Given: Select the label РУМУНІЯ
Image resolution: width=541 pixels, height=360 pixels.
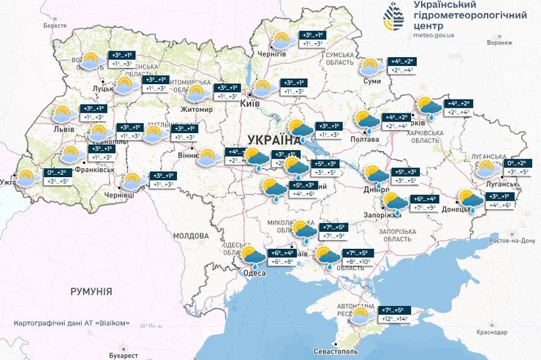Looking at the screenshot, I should pos(91,291).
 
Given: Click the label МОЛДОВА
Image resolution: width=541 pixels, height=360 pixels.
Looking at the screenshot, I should pos(191,236).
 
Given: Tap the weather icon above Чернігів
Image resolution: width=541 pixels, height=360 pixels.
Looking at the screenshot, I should pos(281,40).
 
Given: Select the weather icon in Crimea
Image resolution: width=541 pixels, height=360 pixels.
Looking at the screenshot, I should pos(360,316).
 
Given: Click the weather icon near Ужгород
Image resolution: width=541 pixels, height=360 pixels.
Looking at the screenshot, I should pos(28,177).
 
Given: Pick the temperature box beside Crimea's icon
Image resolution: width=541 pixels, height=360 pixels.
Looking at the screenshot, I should pos(395,315).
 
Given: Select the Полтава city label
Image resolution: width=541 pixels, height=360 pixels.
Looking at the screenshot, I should pos(365,138).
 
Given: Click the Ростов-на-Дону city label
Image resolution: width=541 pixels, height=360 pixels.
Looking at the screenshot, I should pos(513,241).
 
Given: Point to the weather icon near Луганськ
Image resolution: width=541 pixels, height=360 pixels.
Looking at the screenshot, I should pos(485,170).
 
